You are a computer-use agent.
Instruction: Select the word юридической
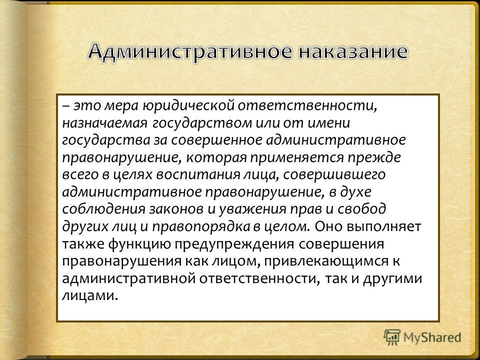188,106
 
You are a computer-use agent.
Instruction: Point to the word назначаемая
105,123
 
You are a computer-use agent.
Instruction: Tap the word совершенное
216,140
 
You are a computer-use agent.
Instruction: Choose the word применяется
296,158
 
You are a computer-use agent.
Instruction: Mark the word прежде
374,157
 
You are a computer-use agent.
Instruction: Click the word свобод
362,209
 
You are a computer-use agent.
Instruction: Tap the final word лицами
90,296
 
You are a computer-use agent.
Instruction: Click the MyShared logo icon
392,337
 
